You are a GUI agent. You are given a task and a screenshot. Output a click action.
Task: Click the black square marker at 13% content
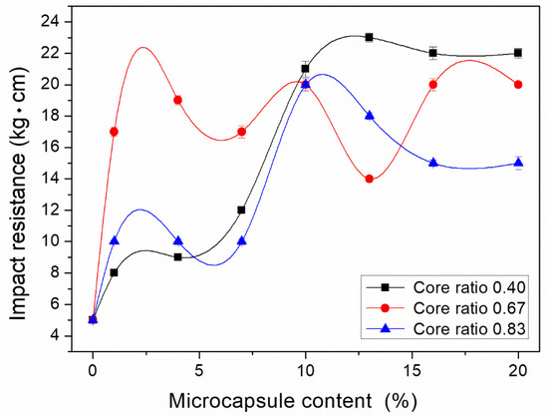pyautogui.click(x=369, y=37)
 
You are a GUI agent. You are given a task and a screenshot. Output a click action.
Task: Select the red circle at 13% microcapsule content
pyautogui.click(x=369, y=179)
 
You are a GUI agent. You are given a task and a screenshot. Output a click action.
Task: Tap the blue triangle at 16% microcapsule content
pyautogui.click(x=432, y=163)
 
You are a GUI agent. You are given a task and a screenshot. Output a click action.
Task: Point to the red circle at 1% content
pyautogui.click(x=114, y=132)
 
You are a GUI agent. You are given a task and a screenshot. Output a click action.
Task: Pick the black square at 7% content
pyautogui.click(x=241, y=209)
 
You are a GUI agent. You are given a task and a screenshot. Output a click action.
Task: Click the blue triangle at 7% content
pyautogui.click(x=241, y=240)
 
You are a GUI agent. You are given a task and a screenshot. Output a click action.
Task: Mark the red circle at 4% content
pyautogui.click(x=177, y=100)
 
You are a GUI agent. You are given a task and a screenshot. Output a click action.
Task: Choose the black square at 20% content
pyautogui.click(x=518, y=53)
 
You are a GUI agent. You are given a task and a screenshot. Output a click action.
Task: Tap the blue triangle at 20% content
pyautogui.click(x=518, y=163)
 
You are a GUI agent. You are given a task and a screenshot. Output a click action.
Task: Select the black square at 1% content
pyautogui.click(x=114, y=272)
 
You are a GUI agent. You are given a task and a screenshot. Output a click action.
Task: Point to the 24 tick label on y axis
pyautogui.click(x=65, y=21)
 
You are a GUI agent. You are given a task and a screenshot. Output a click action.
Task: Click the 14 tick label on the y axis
pyautogui.click(x=65, y=179)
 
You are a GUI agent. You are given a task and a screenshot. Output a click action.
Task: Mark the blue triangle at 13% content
pyautogui.click(x=369, y=116)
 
